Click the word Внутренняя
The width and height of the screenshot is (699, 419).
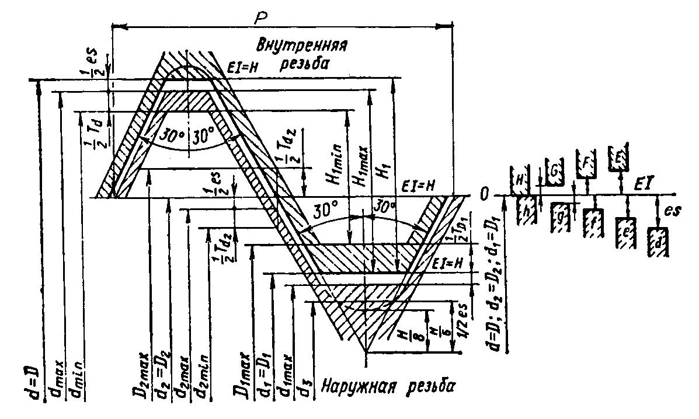tap(305, 44)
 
